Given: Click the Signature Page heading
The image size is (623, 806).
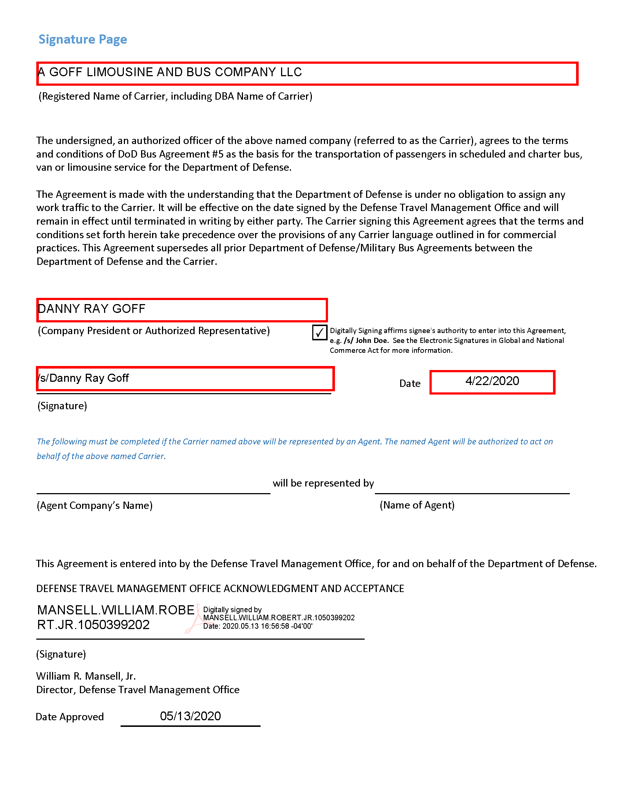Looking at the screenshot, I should pyautogui.click(x=83, y=39).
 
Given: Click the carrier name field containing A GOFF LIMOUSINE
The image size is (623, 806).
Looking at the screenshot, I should pyautogui.click(x=307, y=73).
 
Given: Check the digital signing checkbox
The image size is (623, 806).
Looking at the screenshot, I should pyautogui.click(x=319, y=332).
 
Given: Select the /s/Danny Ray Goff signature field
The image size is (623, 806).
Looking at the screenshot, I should pyautogui.click(x=185, y=379).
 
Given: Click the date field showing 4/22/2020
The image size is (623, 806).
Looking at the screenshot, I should pyautogui.click(x=492, y=382).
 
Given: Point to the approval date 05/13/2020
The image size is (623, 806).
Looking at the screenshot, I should pyautogui.click(x=190, y=716).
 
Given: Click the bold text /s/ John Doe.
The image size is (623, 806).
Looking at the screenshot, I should pyautogui.click(x=366, y=341).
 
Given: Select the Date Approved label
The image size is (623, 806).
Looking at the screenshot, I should pyautogui.click(x=70, y=717).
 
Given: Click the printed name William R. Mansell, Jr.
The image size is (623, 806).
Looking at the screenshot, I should pyautogui.click(x=86, y=676).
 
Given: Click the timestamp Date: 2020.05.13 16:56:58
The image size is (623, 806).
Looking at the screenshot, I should pyautogui.click(x=258, y=626).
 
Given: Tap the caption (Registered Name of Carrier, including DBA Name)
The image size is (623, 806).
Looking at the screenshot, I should pyautogui.click(x=175, y=96).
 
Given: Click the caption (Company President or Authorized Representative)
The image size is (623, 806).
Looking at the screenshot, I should pyautogui.click(x=154, y=331).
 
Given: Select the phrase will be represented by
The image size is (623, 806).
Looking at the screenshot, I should pyautogui.click(x=323, y=483).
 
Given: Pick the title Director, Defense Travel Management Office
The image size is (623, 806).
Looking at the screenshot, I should pyautogui.click(x=138, y=690).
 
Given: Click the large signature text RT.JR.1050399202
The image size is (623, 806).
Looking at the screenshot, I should pyautogui.click(x=93, y=625).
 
